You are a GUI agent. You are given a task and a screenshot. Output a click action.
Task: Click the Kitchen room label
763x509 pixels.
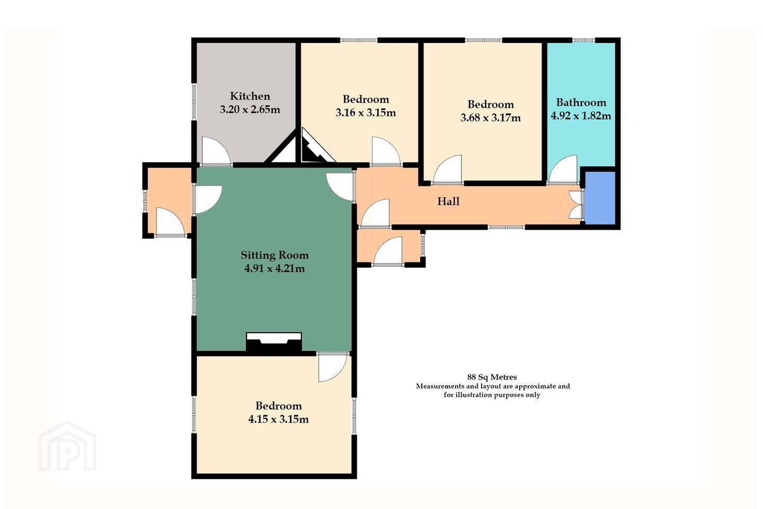[x=250, y=96]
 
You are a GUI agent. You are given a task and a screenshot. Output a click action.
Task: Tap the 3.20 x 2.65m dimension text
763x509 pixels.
[x=250, y=109]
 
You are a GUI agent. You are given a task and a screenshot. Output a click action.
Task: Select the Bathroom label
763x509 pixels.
[x=581, y=102]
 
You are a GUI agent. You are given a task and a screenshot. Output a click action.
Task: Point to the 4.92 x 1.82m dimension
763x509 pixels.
[x=581, y=116]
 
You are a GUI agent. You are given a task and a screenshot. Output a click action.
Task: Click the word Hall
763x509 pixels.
[x=448, y=201]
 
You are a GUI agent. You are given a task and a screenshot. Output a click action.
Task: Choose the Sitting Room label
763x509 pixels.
[x=274, y=255]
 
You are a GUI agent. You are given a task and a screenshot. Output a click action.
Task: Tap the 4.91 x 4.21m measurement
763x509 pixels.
[x=274, y=269]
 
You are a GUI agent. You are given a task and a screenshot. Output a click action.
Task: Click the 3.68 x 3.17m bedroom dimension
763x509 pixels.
[x=491, y=118]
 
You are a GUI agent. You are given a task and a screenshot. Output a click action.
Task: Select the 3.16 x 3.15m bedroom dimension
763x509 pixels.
[x=366, y=112]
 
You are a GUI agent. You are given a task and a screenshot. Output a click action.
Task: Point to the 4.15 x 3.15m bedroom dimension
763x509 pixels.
[x=279, y=419]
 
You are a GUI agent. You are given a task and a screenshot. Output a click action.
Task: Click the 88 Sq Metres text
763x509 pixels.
[x=492, y=377]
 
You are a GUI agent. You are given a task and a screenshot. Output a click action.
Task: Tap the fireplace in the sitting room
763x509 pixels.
[x=274, y=342]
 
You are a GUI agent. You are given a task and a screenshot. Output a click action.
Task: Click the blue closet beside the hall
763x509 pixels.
[x=600, y=198]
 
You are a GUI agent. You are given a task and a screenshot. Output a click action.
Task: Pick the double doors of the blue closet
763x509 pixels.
[x=576, y=205]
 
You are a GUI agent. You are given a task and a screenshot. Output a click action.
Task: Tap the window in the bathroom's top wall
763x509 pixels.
[x=583, y=40]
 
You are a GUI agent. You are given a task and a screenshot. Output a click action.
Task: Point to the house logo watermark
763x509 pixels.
[x=67, y=446]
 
